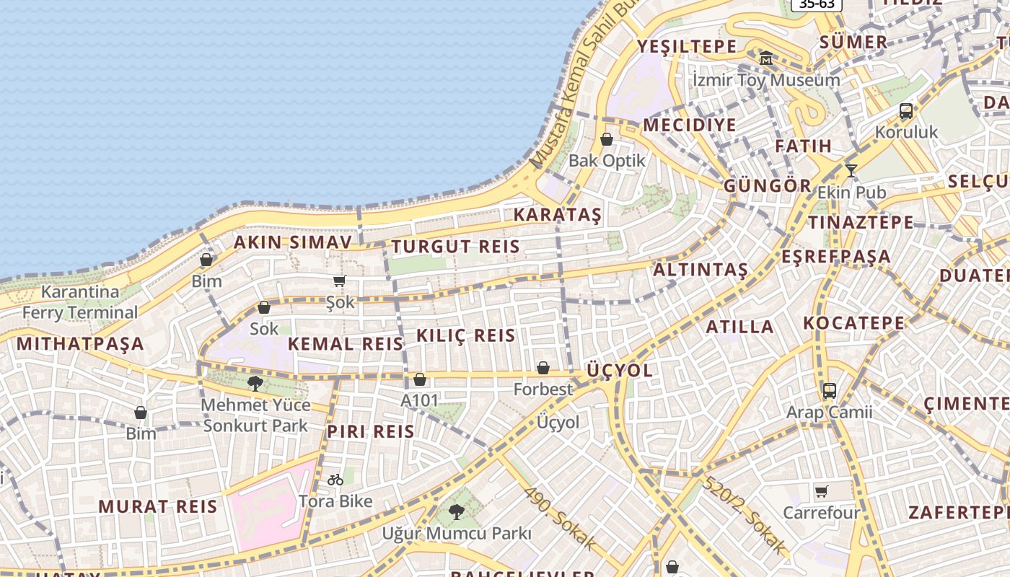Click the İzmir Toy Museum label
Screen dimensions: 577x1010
pyautogui.click(x=765, y=79)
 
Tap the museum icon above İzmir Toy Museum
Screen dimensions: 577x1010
pyautogui.click(x=766, y=58)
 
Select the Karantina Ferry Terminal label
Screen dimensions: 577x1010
pyautogui.click(x=79, y=302)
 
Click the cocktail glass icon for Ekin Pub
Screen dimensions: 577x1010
pyautogui.click(x=851, y=171)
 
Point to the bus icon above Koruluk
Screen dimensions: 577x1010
pyautogui.click(x=906, y=111)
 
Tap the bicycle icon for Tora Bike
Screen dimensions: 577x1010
pyautogui.click(x=335, y=480)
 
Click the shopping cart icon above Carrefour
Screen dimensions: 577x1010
pyautogui.click(x=822, y=492)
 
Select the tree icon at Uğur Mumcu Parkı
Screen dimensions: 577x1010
pyautogui.click(x=456, y=512)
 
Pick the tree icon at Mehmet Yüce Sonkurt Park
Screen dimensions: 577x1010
pyautogui.click(x=255, y=383)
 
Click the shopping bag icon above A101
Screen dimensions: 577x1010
pyautogui.click(x=420, y=379)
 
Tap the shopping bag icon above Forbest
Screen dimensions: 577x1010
pyautogui.click(x=543, y=369)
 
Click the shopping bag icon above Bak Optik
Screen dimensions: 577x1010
pyautogui.click(x=607, y=139)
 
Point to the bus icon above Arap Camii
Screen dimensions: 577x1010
pyautogui.click(x=830, y=391)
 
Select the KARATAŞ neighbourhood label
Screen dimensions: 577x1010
pyautogui.click(x=557, y=215)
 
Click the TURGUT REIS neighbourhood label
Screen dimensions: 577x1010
pyautogui.click(x=455, y=247)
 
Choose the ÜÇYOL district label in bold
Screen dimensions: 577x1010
pyautogui.click(x=619, y=371)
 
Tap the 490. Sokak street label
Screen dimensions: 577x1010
pyautogui.click(x=560, y=517)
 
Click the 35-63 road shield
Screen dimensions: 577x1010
pyautogui.click(x=817, y=4)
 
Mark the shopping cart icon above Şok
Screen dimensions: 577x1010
pyautogui.click(x=340, y=281)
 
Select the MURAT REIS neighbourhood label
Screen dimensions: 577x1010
pyautogui.click(x=157, y=506)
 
